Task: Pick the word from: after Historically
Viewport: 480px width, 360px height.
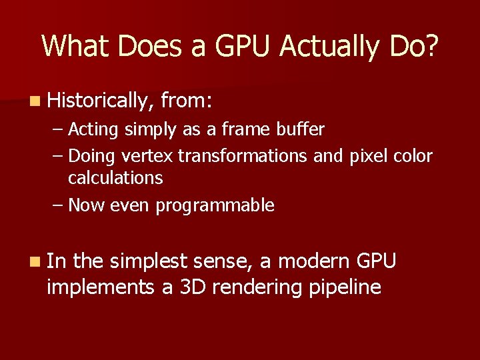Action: pyautogui.click(x=187, y=101)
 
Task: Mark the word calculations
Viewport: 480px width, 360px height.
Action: pyautogui.click(x=115, y=178)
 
